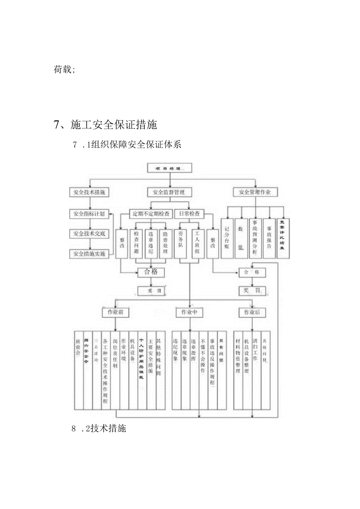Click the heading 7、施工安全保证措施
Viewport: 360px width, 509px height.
[105, 125]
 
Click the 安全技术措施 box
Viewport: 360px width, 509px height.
[89, 192]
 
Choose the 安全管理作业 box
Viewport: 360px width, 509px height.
[255, 192]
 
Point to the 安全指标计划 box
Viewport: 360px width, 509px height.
[89, 214]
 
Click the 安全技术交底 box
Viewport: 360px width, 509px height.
[89, 234]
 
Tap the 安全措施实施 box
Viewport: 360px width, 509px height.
[89, 254]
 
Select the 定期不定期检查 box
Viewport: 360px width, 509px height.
[151, 214]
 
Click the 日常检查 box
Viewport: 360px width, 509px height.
[189, 214]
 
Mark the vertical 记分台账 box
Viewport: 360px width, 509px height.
[227, 238]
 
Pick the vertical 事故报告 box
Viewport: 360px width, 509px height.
[269, 238]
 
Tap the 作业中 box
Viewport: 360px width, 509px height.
[189, 312]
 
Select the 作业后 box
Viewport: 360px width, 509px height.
[252, 312]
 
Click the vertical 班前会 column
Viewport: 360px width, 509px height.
[78, 370]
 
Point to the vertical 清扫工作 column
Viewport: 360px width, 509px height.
[256, 370]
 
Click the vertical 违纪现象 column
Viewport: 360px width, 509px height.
[176, 370]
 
